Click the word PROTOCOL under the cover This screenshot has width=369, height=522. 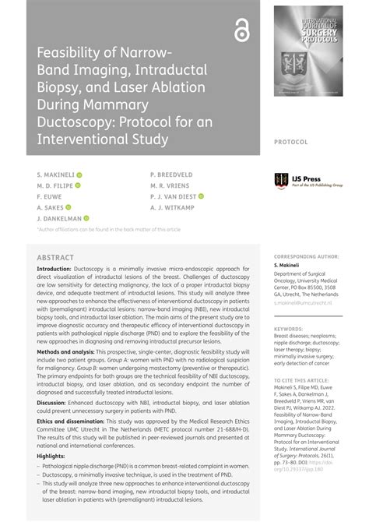(291, 143)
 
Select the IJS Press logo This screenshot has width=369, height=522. (306, 181)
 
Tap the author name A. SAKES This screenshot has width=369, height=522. (50, 208)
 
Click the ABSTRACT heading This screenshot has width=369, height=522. (56, 258)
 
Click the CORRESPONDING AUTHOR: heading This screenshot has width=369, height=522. (307, 256)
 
